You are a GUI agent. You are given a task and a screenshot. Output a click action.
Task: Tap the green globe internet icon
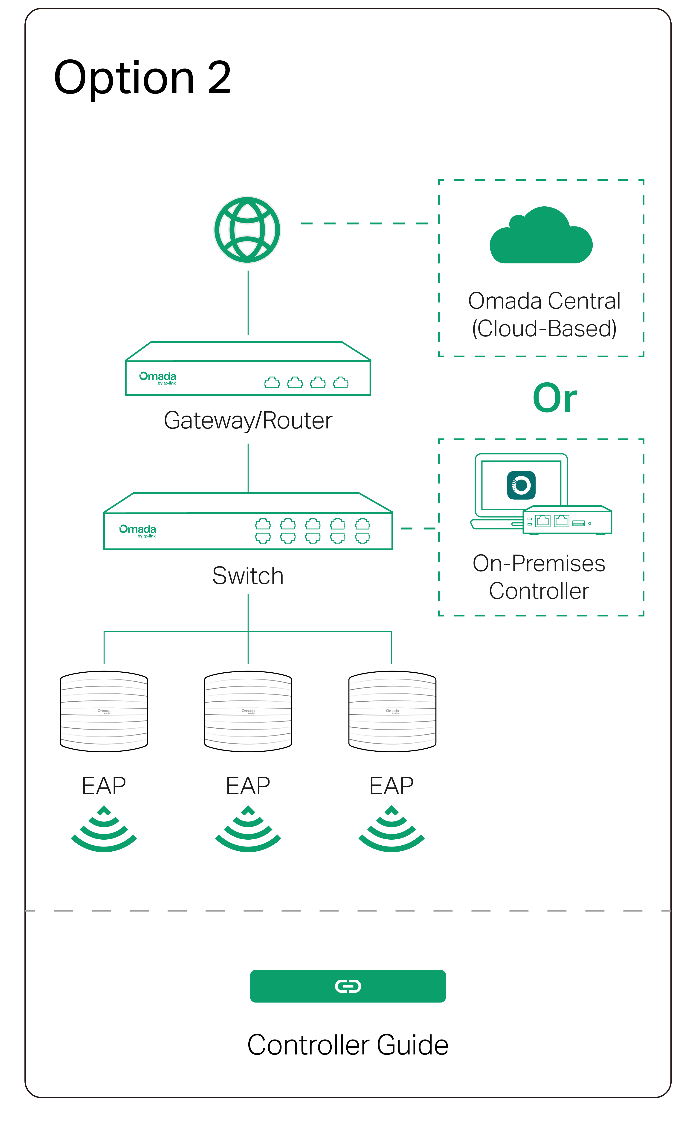[247, 230]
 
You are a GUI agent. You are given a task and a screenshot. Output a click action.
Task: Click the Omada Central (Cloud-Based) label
[544, 315]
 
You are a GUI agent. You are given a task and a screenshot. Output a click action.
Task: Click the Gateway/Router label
[248, 421]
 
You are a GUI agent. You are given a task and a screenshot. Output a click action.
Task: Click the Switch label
[248, 576]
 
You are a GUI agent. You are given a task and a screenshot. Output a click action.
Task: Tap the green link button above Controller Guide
[348, 986]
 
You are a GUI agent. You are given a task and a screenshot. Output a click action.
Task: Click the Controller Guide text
[348, 1045]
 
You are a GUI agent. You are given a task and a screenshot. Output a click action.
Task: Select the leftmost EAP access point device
[104, 711]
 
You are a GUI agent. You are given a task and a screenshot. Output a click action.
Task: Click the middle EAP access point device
[248, 711]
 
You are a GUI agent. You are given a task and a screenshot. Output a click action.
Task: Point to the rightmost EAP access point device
[392, 711]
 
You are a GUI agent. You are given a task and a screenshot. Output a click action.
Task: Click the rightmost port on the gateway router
[341, 383]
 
